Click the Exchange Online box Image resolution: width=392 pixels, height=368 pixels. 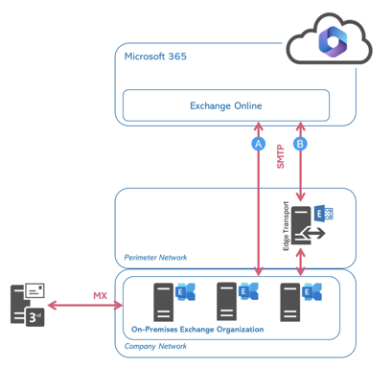(225, 104)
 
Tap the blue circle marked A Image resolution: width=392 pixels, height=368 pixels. (257, 144)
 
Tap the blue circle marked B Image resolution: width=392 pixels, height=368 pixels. (301, 144)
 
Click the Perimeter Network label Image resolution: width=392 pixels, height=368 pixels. (155, 257)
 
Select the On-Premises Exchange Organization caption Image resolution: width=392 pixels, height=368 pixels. (196, 329)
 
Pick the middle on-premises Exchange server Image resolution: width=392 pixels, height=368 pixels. (227, 301)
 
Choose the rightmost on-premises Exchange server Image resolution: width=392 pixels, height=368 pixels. (291, 301)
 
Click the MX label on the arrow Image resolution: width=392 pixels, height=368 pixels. (99, 294)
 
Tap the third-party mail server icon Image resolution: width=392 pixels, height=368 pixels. (26, 305)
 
